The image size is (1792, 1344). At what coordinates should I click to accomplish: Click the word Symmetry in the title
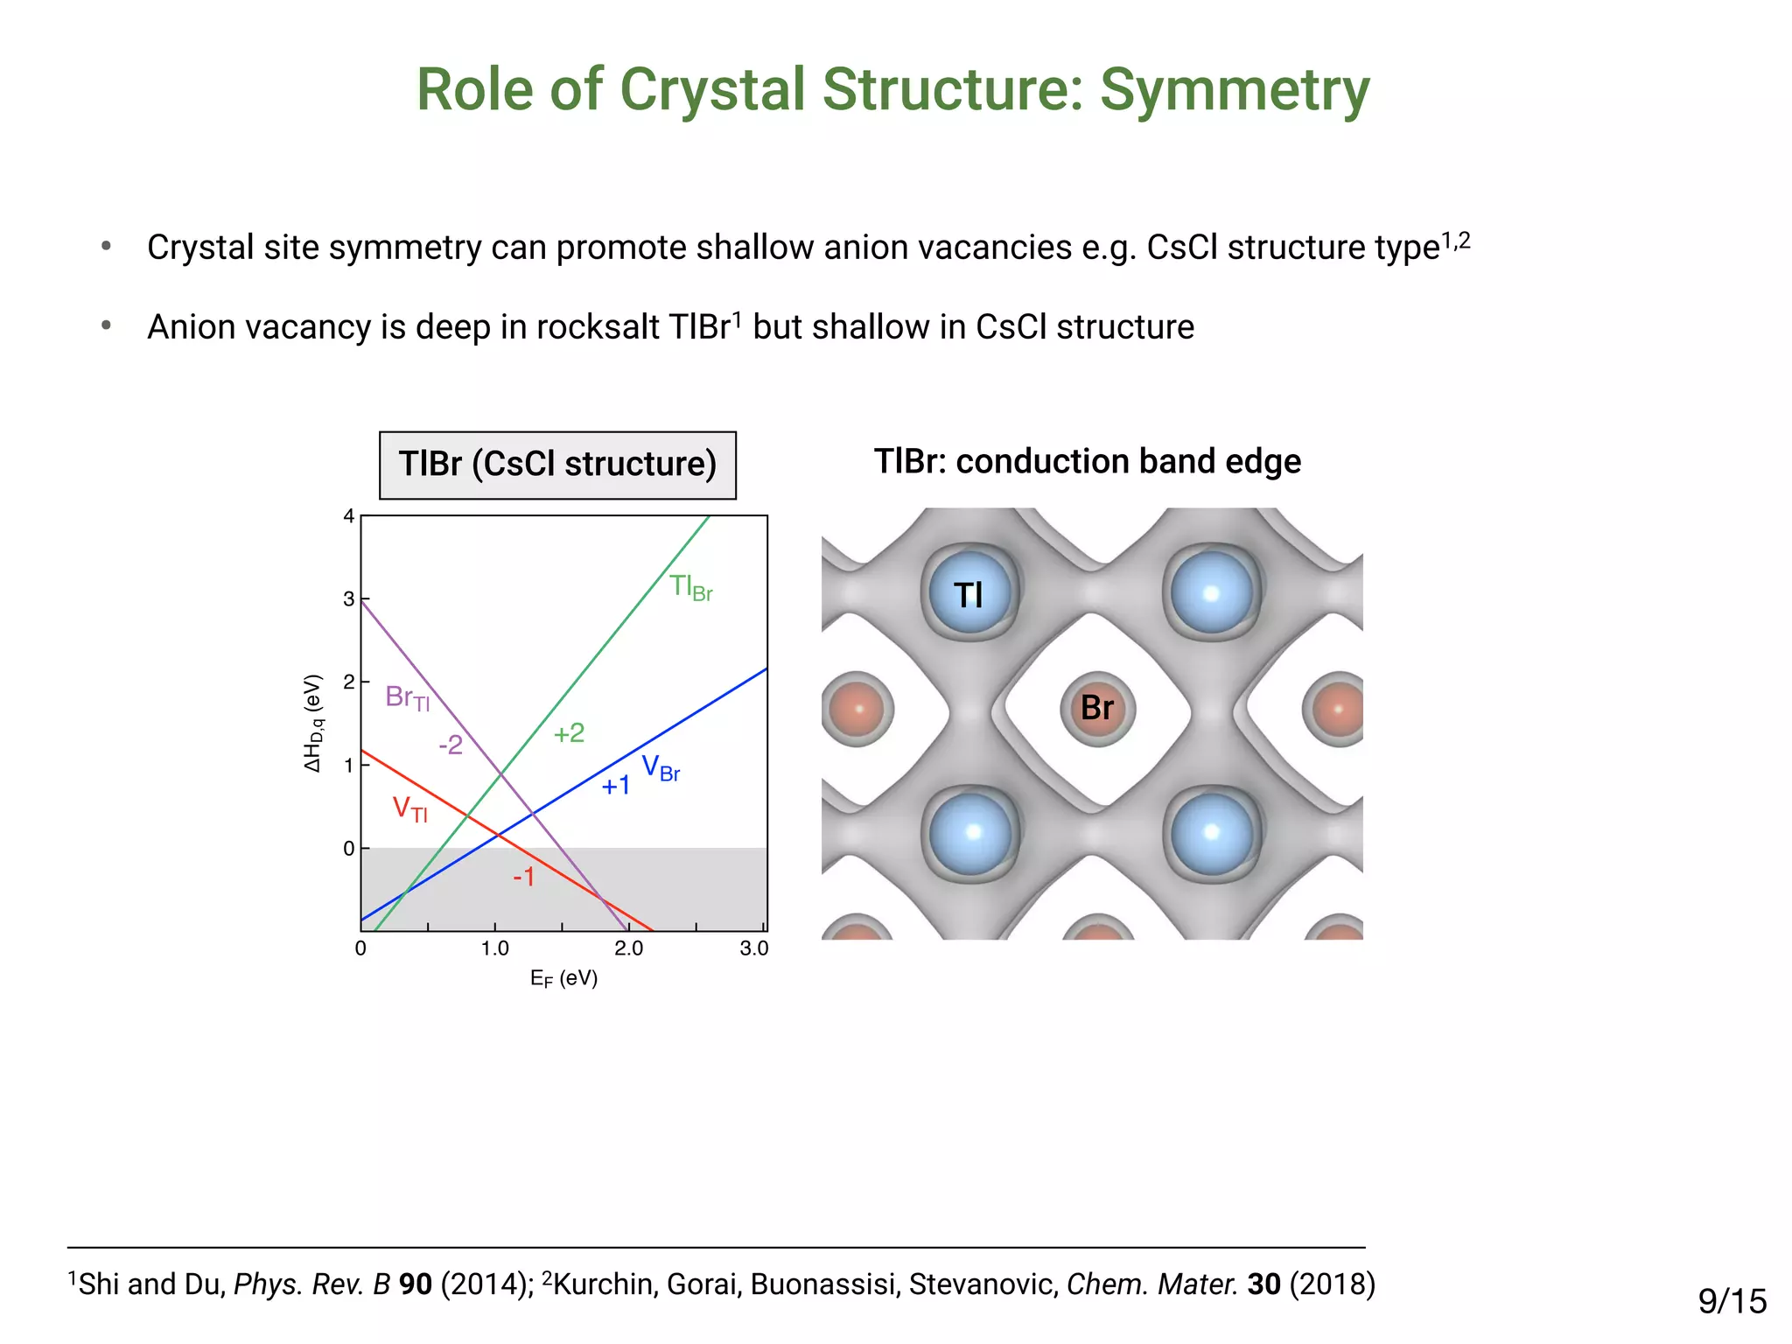[1234, 91]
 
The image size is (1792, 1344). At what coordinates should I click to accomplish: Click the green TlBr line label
[690, 587]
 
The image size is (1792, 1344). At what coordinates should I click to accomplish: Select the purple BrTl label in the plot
[407, 698]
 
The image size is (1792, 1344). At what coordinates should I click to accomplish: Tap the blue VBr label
[661, 768]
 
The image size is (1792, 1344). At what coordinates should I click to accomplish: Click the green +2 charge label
[569, 733]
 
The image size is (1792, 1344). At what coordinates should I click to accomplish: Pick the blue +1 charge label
[616, 786]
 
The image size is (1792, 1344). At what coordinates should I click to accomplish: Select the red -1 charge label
[523, 876]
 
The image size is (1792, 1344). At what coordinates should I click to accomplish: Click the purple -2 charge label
[450, 745]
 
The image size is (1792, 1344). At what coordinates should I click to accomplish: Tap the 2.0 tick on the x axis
[628, 948]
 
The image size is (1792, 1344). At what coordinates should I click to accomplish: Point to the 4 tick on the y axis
[348, 516]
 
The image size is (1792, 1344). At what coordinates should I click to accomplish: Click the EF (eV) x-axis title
[563, 978]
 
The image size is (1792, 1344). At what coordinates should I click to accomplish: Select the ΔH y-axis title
[313, 723]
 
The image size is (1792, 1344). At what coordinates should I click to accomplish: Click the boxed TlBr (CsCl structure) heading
[557, 465]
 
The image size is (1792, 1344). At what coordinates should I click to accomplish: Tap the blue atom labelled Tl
[969, 595]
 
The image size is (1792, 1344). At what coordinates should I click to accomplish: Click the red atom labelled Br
[1097, 708]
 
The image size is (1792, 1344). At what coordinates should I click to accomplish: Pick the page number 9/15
[1732, 1301]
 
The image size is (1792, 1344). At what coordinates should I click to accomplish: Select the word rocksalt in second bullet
[598, 327]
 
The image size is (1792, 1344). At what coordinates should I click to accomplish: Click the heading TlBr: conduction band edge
[1087, 461]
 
